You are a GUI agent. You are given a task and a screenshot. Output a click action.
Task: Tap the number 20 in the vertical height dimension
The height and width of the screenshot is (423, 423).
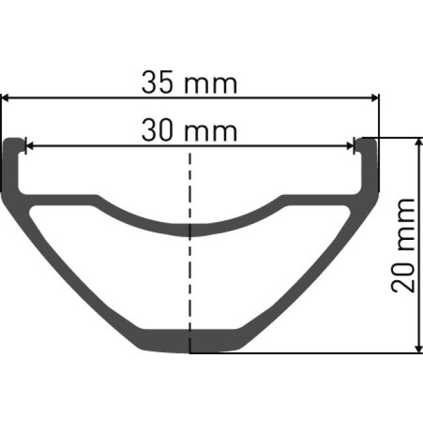pyautogui.click(x=403, y=275)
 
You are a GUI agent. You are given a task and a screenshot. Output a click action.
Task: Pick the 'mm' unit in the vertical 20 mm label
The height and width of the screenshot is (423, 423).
pyautogui.click(x=403, y=222)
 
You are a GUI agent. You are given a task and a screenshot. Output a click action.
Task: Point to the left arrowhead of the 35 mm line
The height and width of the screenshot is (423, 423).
pyautogui.click(x=6, y=98)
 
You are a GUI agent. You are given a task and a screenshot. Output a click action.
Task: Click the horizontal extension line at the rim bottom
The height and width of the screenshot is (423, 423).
pyautogui.click(x=304, y=353)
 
